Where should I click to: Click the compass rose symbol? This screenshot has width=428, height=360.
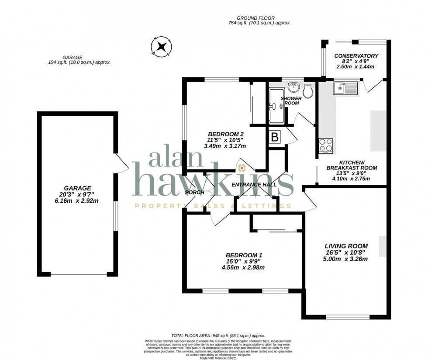[x=161, y=47]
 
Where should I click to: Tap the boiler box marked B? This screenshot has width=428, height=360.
[x=275, y=137]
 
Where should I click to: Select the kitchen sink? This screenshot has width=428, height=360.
[x=345, y=89]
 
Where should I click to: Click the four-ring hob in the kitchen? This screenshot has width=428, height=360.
[x=326, y=145]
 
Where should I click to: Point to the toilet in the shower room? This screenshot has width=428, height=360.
[x=308, y=91]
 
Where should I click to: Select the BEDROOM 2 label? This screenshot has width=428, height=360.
[x=225, y=134]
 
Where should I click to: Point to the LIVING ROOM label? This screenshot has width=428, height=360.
[x=345, y=246]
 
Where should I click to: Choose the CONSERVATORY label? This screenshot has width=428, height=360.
[x=356, y=56]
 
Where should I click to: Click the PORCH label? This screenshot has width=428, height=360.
[x=195, y=192]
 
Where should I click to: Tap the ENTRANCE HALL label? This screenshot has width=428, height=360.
[x=254, y=185]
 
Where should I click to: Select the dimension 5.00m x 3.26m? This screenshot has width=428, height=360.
[x=345, y=259]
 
